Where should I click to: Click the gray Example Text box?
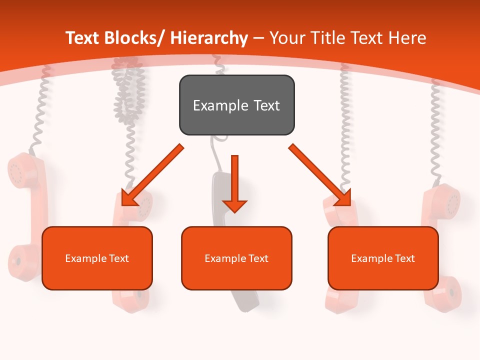236,105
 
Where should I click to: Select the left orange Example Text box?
97,258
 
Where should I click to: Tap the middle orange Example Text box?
236,258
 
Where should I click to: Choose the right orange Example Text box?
383,258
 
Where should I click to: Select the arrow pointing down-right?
320,175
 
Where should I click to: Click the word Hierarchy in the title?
208,38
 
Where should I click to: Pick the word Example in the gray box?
220,105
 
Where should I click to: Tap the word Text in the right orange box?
403,258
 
